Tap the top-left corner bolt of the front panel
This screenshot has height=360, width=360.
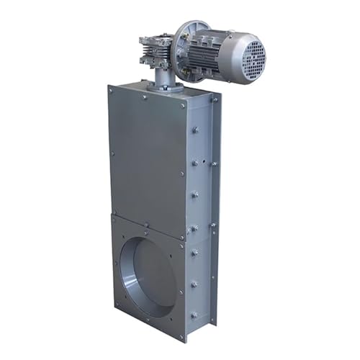tap(111, 90)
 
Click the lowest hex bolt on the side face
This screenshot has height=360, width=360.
tap(194, 315)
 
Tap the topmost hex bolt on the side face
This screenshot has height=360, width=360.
tap(195, 130)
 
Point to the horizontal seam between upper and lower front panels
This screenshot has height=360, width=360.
tap(148, 220)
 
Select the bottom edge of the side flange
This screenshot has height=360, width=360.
tap(197, 336)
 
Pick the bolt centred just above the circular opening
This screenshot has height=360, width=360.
tap(148, 232)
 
